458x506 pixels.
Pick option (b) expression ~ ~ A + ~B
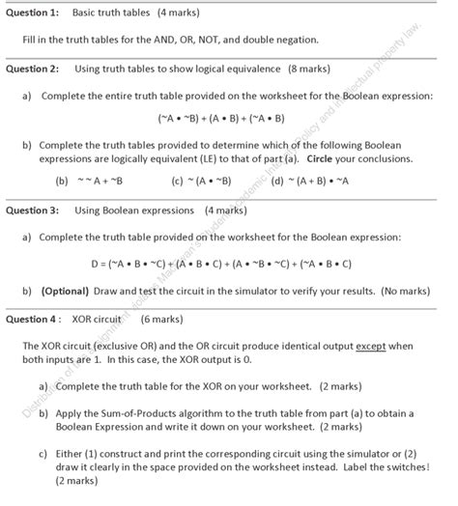click(x=100, y=181)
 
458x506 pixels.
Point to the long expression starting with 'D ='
click(x=220, y=263)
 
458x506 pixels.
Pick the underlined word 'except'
click(x=368, y=345)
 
